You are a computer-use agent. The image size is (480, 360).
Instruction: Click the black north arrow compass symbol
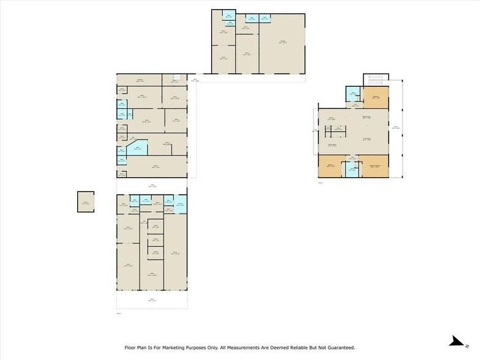455,340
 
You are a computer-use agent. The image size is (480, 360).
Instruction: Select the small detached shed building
86,201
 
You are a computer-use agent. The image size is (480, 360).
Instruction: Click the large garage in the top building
282,43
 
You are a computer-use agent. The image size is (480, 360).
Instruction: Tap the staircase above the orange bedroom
375,81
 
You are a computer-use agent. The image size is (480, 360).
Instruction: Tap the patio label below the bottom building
152,299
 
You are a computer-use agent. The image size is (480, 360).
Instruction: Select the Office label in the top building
247,54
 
